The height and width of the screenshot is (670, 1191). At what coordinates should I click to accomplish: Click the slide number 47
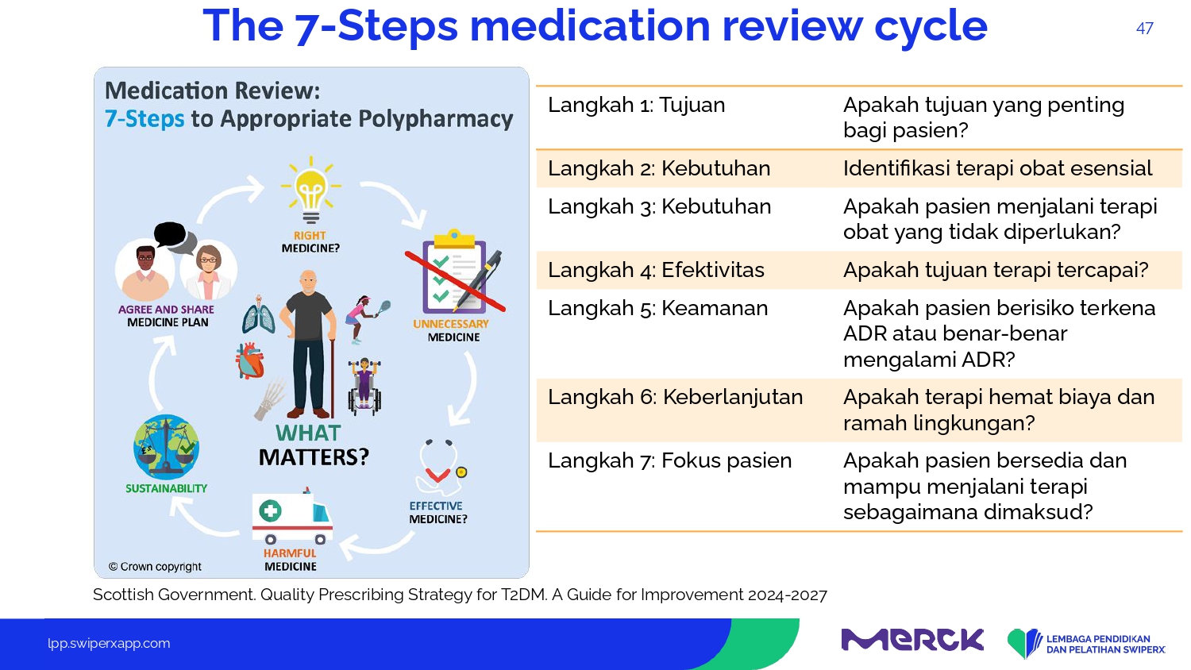click(1144, 29)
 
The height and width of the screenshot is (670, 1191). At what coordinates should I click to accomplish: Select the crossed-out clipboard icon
click(455, 272)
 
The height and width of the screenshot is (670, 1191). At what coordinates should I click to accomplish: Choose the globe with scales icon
click(167, 447)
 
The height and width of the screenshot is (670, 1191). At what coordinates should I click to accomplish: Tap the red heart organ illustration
click(250, 360)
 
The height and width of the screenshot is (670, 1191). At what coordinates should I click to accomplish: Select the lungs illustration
click(259, 315)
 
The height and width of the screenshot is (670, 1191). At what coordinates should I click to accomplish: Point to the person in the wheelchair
click(364, 386)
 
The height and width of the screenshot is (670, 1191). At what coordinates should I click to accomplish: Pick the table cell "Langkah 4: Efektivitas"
click(656, 270)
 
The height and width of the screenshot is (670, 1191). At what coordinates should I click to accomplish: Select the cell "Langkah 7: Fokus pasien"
click(670, 460)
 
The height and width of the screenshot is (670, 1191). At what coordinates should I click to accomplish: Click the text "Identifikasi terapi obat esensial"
click(997, 168)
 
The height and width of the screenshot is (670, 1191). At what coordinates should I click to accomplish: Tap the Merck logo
click(912, 640)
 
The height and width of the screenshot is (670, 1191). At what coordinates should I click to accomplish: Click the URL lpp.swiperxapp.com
click(109, 644)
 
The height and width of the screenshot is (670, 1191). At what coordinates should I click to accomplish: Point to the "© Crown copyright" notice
click(155, 567)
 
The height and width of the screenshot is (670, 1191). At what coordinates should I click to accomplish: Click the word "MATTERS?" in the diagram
click(314, 457)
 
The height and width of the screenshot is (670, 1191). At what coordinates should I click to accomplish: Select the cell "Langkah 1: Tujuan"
click(637, 106)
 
